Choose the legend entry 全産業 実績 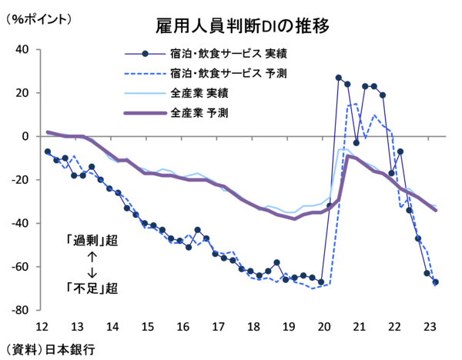(x=203, y=93)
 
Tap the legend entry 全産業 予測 (x=203, y=113)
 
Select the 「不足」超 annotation (x=91, y=288)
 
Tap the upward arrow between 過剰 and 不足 (x=91, y=256)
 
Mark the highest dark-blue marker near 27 (x=339, y=78)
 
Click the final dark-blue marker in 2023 (x=436, y=282)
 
